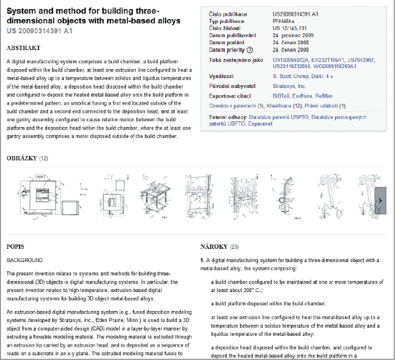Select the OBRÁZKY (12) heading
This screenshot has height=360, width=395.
27,158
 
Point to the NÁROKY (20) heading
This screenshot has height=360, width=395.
220,246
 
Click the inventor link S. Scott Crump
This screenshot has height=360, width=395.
282,76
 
